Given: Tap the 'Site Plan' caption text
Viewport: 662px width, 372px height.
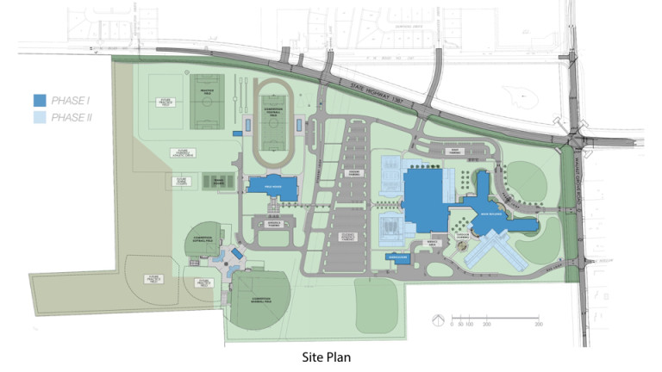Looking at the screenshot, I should click(331, 355).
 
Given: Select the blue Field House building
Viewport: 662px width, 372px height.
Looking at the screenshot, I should click(272, 186).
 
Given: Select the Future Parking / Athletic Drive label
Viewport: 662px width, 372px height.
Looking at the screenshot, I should click(181, 153).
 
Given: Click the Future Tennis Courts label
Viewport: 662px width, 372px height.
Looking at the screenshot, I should click(181, 182).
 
